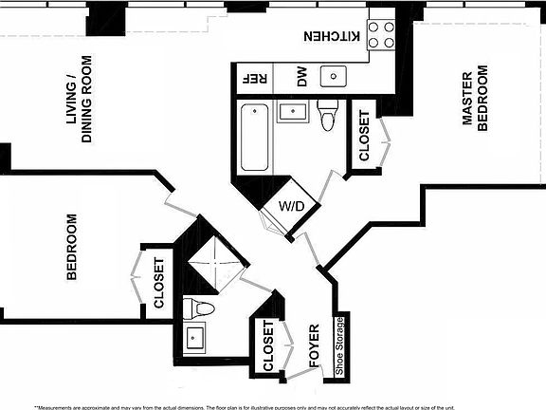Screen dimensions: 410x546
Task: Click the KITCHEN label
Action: tap(332, 36)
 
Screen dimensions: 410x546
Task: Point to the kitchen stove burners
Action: tap(381, 35)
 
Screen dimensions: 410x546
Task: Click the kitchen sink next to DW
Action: tap(334, 77)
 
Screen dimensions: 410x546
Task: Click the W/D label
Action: tap(290, 207)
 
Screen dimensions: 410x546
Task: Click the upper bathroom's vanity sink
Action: tap(294, 112)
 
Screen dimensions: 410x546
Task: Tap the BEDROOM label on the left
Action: tap(72, 247)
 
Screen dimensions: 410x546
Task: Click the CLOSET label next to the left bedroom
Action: tap(159, 284)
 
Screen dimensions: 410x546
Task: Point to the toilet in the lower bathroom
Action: tap(201, 308)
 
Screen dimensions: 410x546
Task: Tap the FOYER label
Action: tap(314, 347)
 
